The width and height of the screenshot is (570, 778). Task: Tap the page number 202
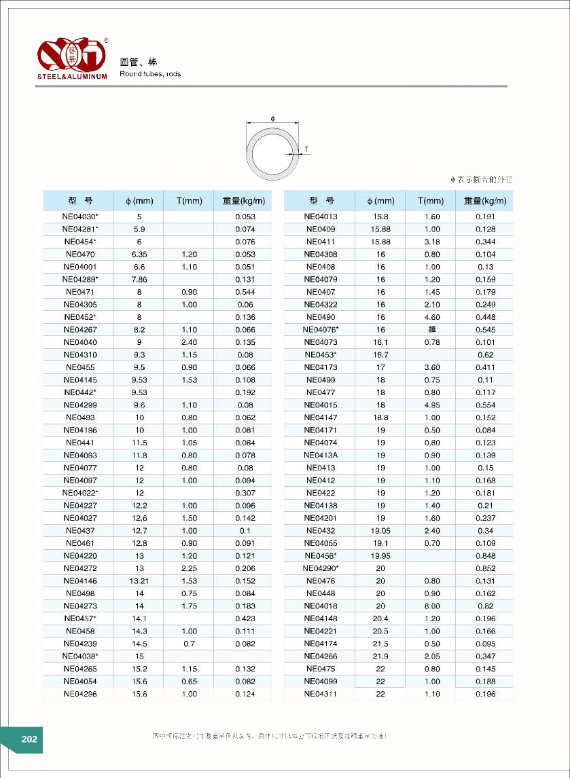29,739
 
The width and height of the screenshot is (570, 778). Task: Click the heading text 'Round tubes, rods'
150,74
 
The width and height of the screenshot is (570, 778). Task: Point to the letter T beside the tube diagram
306,149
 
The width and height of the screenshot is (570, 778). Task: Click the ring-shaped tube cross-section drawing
272,151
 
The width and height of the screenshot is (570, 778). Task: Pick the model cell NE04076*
321,330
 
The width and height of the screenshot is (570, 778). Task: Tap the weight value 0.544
245,292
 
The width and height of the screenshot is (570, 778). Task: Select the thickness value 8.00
432,606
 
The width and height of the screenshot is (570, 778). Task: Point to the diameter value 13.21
139,581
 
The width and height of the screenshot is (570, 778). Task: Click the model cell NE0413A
321,456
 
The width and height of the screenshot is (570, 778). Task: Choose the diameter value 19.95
380,556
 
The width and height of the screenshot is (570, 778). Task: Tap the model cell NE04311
321,694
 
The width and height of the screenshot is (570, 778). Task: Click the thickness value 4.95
432,405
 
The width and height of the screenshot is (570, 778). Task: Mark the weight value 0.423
245,618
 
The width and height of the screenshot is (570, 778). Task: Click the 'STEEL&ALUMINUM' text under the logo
72,77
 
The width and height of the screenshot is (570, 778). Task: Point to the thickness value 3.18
432,242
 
